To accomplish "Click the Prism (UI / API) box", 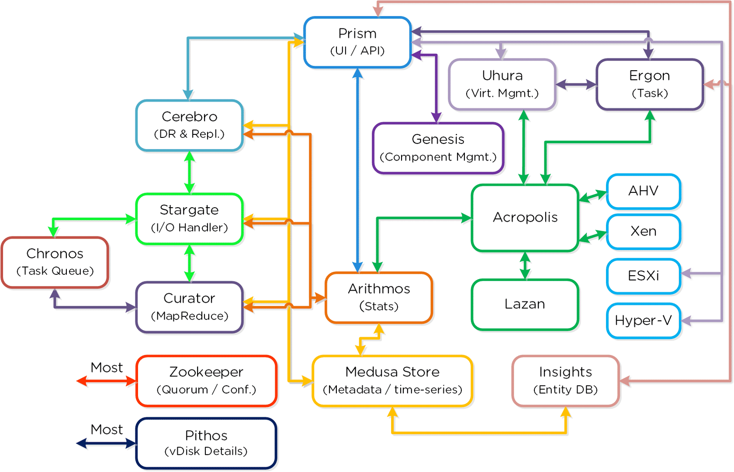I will tap(357, 42).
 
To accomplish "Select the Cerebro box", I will tap(189, 125).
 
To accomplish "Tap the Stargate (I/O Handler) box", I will tap(189, 219).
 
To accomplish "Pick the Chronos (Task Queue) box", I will tap(55, 262).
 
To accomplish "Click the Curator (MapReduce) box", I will tap(189, 307).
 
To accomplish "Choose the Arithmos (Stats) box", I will tap(379, 298).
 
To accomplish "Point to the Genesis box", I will tap(438, 148).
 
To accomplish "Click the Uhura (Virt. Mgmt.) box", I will tap(502, 84).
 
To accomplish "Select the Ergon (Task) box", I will tap(649, 84).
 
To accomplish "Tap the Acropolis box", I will tap(525, 217).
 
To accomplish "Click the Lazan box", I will tap(525, 304).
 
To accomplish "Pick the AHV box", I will tap(643, 191).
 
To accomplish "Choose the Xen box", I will tap(643, 231).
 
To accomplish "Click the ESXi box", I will tap(643, 276).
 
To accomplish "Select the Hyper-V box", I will tap(643, 321).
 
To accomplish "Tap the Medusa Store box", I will tap(392, 380).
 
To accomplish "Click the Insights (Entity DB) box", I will tap(565, 380).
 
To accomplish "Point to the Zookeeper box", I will tap(206, 380).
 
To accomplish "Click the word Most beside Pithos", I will tap(107, 430).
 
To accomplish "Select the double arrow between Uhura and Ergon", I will tap(576, 85).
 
